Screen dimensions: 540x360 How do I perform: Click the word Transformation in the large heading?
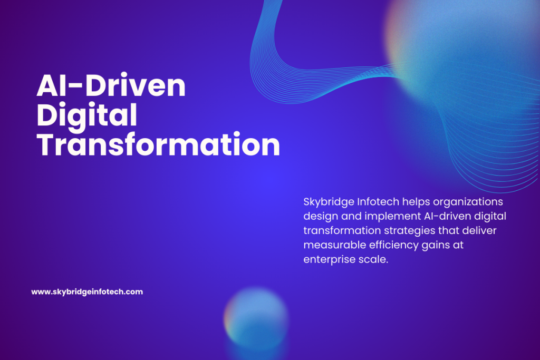click(x=158, y=144)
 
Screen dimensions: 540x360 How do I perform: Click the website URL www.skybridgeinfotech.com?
click(x=87, y=292)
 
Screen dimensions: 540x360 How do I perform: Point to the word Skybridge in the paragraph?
click(x=329, y=202)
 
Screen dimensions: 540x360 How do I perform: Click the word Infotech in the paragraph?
click(x=378, y=202)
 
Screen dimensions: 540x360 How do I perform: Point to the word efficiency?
click(x=393, y=246)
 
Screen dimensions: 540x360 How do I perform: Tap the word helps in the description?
click(x=416, y=202)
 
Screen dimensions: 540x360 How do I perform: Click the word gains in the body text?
click(x=436, y=246)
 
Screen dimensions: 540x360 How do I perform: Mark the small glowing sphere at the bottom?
click(x=256, y=319)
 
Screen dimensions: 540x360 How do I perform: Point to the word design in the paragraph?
click(x=321, y=217)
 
